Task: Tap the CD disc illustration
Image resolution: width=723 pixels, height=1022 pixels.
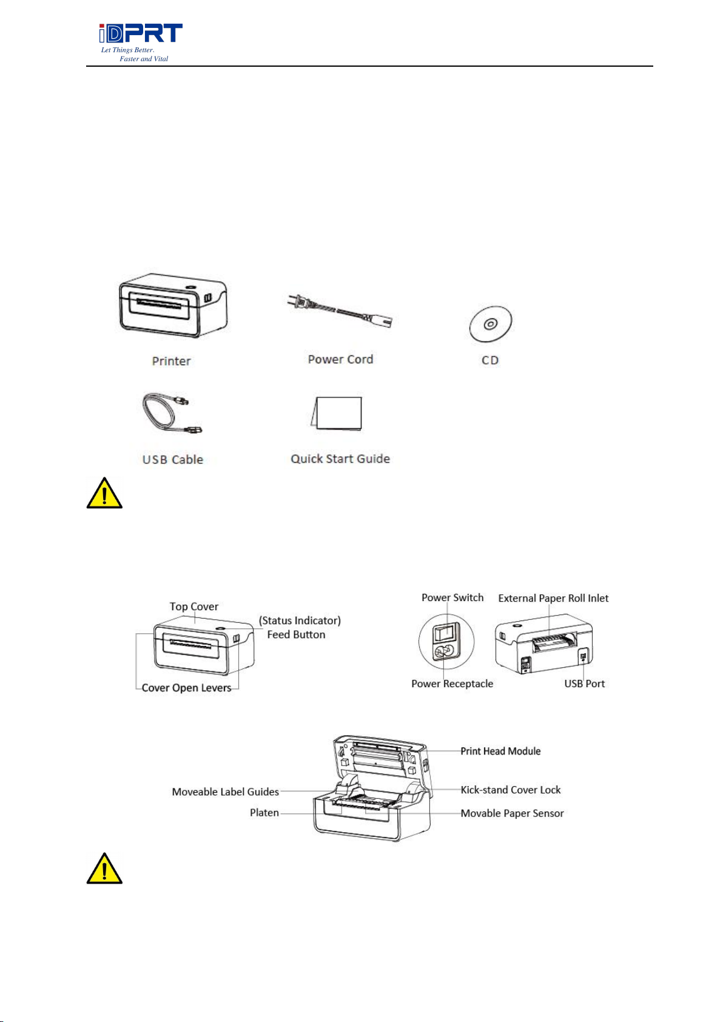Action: (491, 324)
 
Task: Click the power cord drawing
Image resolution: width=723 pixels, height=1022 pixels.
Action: (340, 310)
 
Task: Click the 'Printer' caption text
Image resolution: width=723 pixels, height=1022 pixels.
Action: (171, 361)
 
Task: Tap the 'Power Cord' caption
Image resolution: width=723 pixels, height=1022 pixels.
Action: (340, 359)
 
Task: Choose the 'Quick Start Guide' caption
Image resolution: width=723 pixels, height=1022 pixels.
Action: (340, 459)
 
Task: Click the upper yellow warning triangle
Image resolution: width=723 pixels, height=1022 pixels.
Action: (104, 493)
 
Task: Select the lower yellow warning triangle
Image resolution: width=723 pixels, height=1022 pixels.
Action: (104, 869)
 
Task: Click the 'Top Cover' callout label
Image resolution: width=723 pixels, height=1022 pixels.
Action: (193, 607)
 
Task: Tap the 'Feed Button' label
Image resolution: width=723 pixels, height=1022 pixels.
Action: (296, 634)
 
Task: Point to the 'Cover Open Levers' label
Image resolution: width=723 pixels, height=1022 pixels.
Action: (186, 688)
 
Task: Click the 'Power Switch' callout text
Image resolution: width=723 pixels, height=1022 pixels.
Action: (452, 597)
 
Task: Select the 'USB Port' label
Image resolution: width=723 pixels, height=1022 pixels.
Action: (584, 684)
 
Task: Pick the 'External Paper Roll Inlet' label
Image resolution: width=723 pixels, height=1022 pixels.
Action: (553, 598)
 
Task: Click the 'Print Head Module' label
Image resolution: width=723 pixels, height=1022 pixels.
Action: (500, 751)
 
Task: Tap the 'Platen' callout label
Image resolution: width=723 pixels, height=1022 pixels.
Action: (264, 813)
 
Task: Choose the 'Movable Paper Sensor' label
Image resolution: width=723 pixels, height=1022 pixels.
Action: (512, 813)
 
